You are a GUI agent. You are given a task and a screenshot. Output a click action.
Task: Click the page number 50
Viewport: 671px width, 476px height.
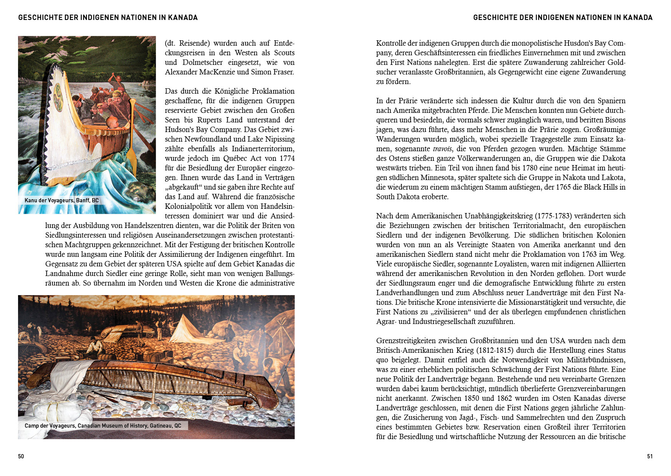tap(21, 456)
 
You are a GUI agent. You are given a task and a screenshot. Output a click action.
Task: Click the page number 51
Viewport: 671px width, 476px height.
tap(650, 456)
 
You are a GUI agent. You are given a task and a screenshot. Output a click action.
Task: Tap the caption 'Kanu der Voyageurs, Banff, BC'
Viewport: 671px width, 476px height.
tap(61, 200)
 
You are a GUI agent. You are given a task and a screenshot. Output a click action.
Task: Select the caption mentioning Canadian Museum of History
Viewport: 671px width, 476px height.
tap(103, 425)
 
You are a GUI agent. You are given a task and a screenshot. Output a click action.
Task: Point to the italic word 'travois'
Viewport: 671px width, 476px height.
tap(442, 149)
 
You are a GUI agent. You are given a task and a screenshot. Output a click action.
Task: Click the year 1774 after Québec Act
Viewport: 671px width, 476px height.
tap(286, 158)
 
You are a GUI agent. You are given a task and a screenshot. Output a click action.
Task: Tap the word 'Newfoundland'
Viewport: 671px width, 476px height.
tap(207, 139)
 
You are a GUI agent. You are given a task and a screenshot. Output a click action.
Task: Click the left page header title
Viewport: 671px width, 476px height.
tap(108, 17)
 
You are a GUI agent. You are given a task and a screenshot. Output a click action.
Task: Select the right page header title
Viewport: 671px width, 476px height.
tap(563, 17)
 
